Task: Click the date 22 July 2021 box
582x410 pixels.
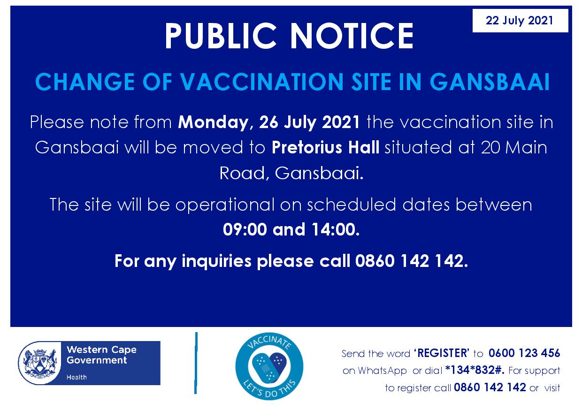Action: coord(520,21)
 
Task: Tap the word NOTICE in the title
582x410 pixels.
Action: coord(352,36)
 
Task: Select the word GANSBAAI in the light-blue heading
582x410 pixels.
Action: coord(490,82)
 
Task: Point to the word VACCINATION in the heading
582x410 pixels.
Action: coord(262,82)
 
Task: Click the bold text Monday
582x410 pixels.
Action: coord(213,122)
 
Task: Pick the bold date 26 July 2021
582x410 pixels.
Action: coord(309,122)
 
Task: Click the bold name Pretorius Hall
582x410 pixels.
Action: coord(325,147)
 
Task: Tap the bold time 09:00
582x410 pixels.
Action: coord(245,229)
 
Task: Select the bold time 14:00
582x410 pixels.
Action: coord(336,229)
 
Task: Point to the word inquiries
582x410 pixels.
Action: coord(216,261)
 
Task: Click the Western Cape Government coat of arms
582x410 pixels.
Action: coord(40,363)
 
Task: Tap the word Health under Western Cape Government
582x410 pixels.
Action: coord(77,377)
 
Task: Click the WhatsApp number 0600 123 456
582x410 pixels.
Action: coord(524,353)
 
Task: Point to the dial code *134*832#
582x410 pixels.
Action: coord(475,370)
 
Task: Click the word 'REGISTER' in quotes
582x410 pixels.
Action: coord(442,353)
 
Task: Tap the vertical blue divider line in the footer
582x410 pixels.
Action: coord(196,363)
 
